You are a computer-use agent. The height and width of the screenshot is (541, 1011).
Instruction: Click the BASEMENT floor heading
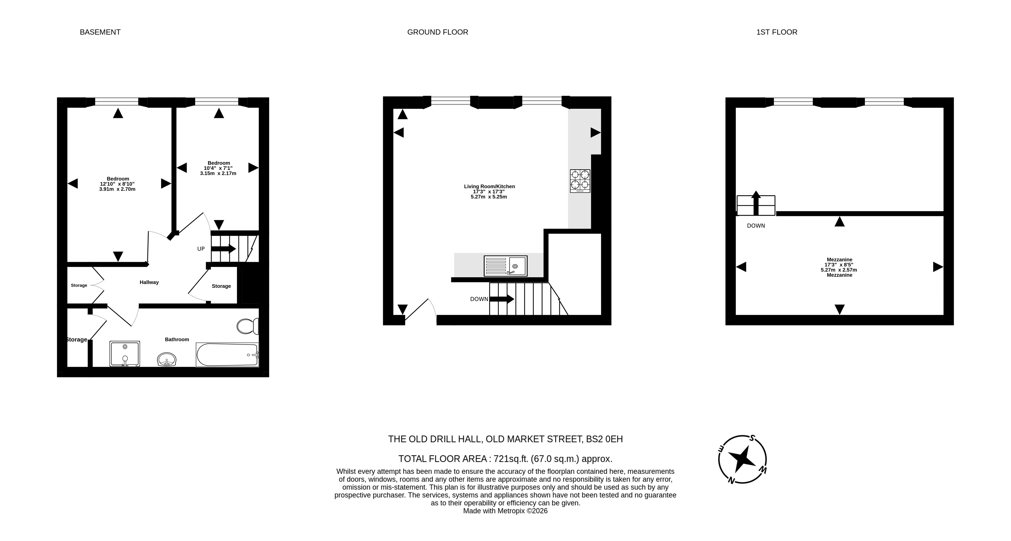coord(100,32)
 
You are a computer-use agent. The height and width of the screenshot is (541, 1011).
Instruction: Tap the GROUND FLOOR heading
coord(438,32)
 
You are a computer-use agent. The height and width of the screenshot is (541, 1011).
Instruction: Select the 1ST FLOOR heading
coord(777,32)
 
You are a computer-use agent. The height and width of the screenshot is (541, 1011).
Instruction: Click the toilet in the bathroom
coord(248,326)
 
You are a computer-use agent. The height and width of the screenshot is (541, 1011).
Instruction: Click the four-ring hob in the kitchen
coord(580,181)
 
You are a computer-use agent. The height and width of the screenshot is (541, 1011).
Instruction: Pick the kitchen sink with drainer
coord(506,266)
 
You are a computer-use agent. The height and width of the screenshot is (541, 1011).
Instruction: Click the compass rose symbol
coord(742,459)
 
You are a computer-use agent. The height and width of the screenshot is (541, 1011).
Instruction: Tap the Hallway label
coord(149,282)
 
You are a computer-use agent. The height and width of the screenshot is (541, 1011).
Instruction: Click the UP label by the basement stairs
coord(201,249)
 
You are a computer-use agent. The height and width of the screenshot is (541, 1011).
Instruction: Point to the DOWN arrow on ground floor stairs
coord(502,299)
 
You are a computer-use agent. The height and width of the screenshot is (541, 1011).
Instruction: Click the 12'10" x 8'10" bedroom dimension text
coord(117,184)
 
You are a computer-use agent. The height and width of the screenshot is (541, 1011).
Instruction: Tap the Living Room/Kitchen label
coord(490,187)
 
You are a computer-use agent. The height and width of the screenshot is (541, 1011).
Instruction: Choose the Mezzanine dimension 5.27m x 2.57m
coord(839,270)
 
